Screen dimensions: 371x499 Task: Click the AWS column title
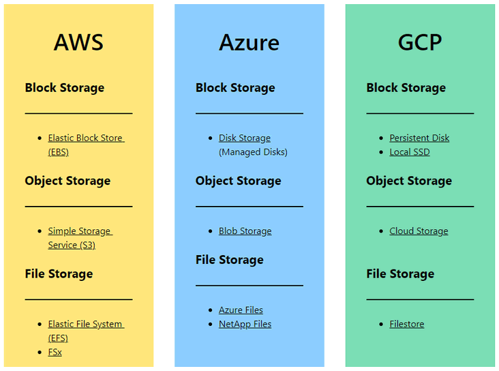click(78, 42)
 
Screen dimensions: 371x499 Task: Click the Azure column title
click(249, 42)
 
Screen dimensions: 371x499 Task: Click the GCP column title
click(420, 42)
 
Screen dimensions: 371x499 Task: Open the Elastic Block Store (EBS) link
click(85, 138)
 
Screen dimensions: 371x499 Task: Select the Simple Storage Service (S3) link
click(80, 231)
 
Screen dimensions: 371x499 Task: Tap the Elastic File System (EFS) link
click(85, 324)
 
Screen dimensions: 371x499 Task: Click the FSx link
click(55, 352)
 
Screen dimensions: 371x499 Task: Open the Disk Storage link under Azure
click(245, 138)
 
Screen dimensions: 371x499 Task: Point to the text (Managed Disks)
click(253, 152)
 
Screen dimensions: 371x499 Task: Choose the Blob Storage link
click(245, 231)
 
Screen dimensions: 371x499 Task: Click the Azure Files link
click(241, 310)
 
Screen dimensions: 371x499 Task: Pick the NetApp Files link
click(245, 324)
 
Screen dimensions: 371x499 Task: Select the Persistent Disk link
click(419, 138)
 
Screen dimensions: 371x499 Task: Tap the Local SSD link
click(410, 152)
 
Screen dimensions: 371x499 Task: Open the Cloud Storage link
click(419, 231)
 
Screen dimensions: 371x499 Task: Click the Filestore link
click(406, 324)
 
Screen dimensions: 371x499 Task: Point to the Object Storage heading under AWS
click(67, 181)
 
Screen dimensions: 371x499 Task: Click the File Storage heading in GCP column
click(400, 273)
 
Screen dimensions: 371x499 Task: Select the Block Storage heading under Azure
click(235, 87)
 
